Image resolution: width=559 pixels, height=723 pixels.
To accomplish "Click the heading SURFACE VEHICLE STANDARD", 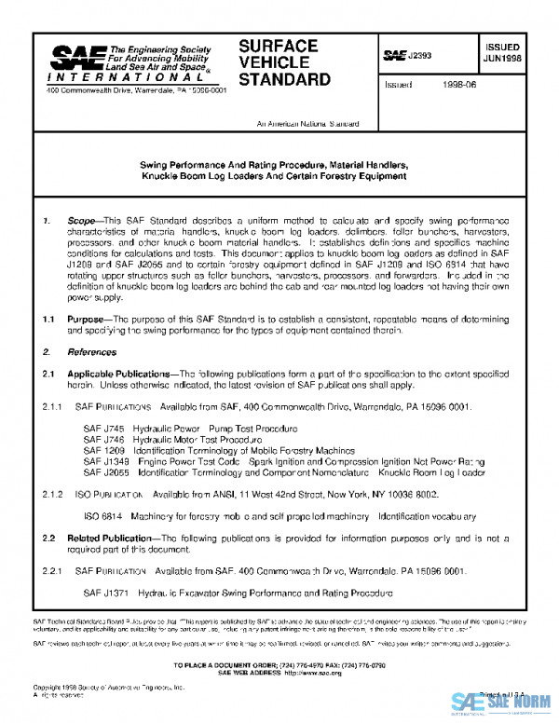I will click(x=284, y=62).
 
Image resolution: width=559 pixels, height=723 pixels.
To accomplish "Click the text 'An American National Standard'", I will click(x=307, y=123).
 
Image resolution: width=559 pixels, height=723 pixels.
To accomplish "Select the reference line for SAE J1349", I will click(x=283, y=460).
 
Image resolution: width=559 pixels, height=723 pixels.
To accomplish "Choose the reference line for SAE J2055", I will click(x=283, y=472).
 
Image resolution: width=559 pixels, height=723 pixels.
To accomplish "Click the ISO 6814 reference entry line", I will click(x=280, y=515).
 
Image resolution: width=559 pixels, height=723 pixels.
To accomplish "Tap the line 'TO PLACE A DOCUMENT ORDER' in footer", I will click(x=279, y=663).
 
